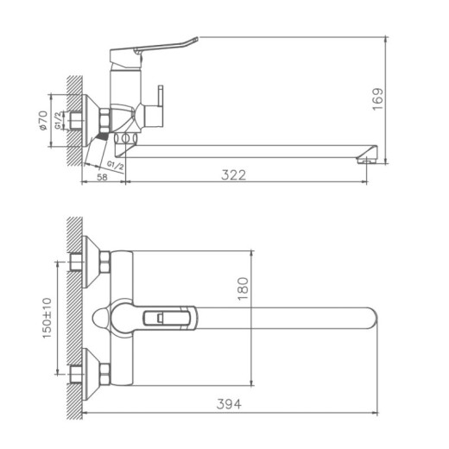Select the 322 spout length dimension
(x=233, y=174)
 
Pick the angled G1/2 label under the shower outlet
(x=115, y=163)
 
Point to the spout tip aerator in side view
(x=366, y=155)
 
